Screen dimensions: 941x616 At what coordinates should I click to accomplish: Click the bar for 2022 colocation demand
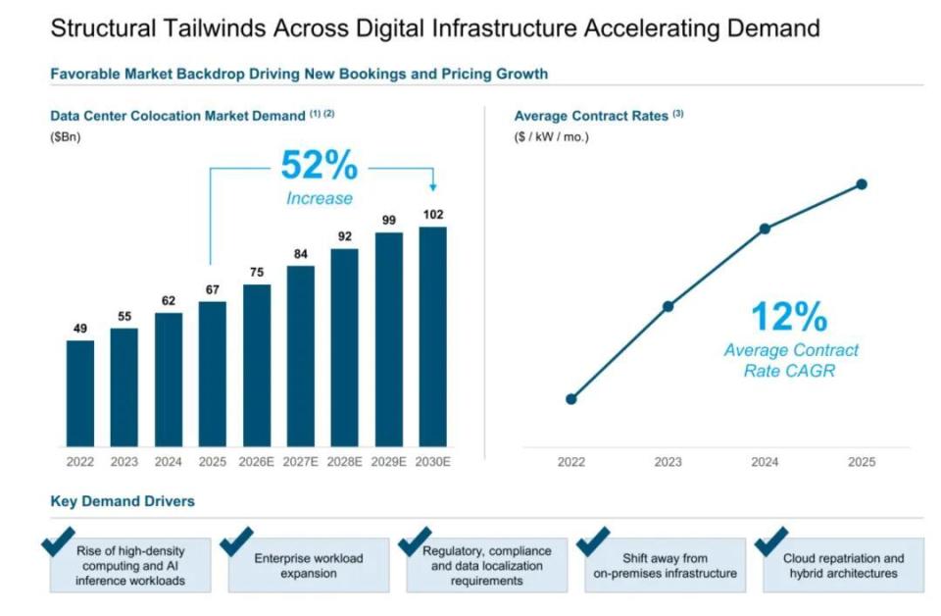(79, 393)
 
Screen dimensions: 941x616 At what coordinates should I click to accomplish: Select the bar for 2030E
(432, 336)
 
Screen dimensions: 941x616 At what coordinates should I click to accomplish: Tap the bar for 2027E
(301, 356)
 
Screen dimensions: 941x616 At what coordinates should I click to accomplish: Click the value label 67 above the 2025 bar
(213, 289)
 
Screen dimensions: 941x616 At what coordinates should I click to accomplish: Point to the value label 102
(433, 215)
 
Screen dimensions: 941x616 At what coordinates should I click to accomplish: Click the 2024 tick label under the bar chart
(168, 462)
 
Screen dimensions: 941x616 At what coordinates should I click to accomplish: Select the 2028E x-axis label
(344, 462)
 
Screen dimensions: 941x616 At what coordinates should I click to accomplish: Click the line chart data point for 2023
(668, 307)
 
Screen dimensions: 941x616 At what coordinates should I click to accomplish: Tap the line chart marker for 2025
(862, 184)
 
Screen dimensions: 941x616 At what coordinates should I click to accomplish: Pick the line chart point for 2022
(571, 399)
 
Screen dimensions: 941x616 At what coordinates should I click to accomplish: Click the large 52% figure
(320, 165)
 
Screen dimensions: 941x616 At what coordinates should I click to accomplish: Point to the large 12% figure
(789, 317)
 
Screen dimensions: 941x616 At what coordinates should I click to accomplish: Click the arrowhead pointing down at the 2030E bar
(433, 187)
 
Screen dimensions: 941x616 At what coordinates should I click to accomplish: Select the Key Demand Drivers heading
(123, 501)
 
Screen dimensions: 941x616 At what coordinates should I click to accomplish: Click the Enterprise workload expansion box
(309, 565)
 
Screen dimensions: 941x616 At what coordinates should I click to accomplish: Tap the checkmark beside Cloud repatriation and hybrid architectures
(770, 541)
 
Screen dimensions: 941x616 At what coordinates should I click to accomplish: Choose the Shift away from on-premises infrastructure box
(665, 565)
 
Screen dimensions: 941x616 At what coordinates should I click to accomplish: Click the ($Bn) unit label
(66, 137)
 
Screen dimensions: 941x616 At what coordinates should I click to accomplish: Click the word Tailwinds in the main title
(214, 28)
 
